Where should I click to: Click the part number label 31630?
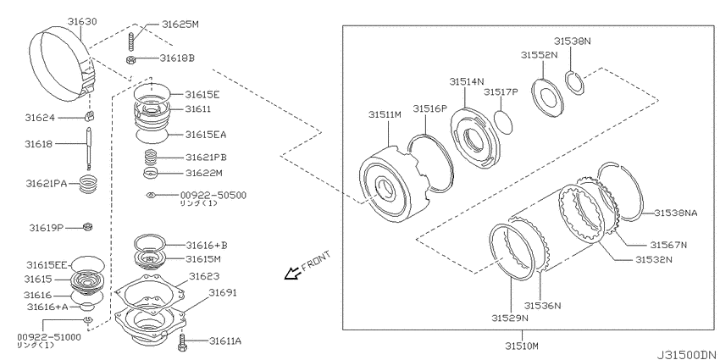tap(83, 21)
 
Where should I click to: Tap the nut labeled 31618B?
tap(130, 58)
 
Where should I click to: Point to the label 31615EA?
tap(206, 135)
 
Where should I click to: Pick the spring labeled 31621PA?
tap(89, 186)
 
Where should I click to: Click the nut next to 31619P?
tap(88, 226)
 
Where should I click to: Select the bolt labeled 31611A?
tap(183, 341)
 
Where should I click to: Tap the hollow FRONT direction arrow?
tap(291, 274)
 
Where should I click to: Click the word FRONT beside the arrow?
tap(315, 260)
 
